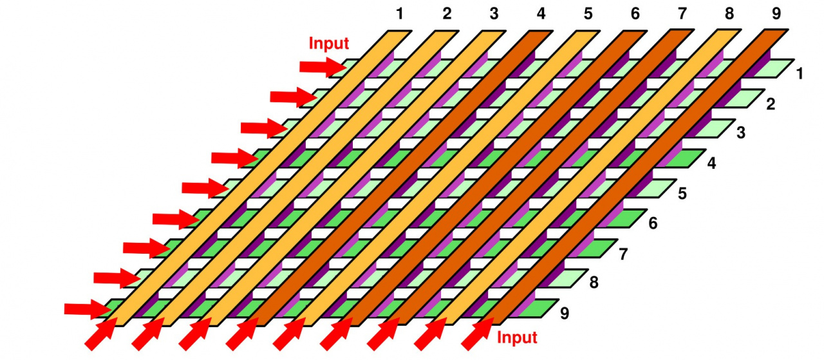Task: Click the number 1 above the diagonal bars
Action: (399, 14)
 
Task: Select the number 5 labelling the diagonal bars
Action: (588, 14)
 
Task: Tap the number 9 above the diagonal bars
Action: (776, 14)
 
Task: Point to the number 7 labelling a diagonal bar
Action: (682, 14)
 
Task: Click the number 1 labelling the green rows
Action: (800, 74)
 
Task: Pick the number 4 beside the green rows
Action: (711, 164)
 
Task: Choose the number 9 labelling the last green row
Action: (565, 314)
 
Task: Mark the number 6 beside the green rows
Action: (653, 223)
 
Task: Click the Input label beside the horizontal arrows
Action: (329, 44)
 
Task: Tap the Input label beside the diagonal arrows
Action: (518, 337)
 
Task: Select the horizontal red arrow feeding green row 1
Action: (323, 66)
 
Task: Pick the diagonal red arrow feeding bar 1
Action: (101, 334)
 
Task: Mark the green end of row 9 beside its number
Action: (538, 308)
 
